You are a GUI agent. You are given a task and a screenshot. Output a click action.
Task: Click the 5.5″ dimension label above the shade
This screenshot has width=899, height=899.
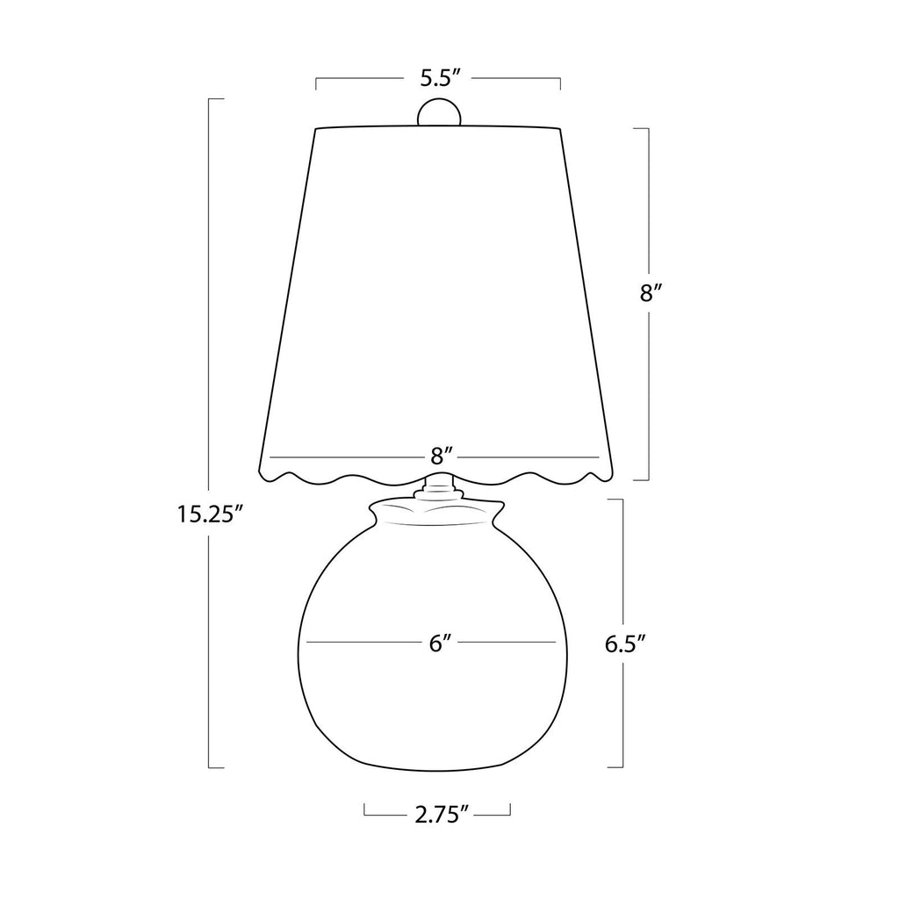pos(441,77)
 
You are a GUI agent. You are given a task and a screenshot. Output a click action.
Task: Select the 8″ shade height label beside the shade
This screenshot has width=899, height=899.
pos(651,293)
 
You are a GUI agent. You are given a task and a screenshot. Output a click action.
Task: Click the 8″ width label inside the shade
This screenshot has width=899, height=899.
pos(442,457)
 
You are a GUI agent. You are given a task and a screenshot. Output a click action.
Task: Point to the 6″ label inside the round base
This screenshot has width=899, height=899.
pos(441,644)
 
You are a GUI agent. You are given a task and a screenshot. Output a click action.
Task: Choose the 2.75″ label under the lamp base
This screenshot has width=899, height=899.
pos(437,815)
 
